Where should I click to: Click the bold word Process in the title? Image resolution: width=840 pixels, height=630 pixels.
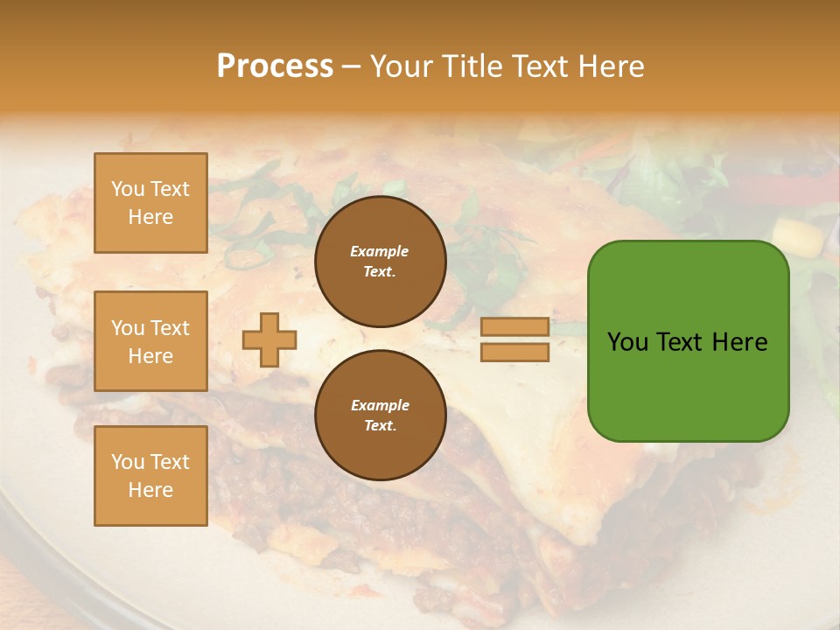(x=275, y=66)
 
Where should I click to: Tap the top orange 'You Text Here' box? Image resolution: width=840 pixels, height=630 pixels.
(x=150, y=203)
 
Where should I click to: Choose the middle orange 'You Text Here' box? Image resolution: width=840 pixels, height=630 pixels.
(x=150, y=341)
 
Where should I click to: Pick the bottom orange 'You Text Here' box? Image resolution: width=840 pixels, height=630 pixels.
(x=150, y=476)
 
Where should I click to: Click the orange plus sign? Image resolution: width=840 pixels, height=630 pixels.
(x=269, y=339)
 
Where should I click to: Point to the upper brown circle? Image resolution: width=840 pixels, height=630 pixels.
(x=380, y=261)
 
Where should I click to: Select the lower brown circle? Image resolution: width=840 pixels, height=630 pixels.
(x=380, y=415)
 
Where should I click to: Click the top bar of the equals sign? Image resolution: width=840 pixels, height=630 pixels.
(x=514, y=326)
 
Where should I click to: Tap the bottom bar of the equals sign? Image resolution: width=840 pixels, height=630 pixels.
(x=514, y=352)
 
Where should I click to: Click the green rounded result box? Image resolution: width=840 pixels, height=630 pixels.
(x=688, y=341)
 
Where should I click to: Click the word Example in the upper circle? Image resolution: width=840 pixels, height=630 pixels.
(x=380, y=251)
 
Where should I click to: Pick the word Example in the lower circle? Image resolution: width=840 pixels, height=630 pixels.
(x=380, y=405)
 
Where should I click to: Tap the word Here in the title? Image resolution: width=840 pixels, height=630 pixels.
(x=612, y=66)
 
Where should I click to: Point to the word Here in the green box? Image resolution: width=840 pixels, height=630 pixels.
(x=739, y=342)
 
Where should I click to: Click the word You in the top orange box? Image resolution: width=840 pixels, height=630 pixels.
(x=128, y=189)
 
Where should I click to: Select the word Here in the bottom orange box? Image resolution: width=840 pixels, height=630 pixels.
(x=150, y=490)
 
